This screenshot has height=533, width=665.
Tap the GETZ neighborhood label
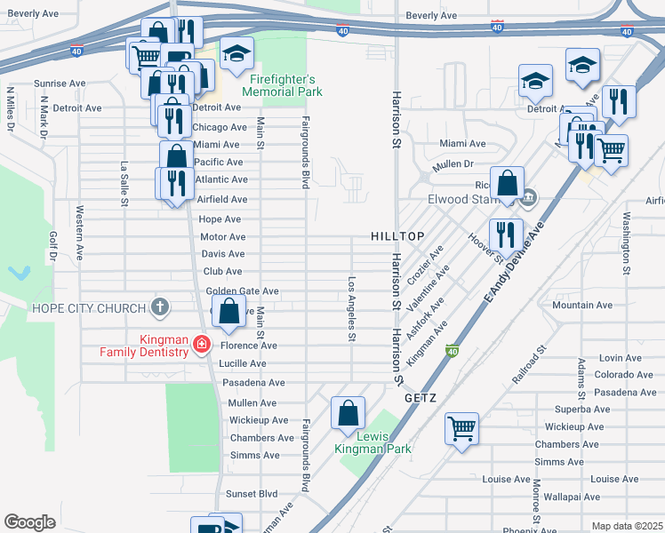coord(420,398)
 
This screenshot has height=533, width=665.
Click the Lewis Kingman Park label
coord(373,442)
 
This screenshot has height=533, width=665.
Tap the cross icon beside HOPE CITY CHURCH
coord(160,308)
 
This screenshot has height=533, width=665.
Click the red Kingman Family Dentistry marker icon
coord(202,345)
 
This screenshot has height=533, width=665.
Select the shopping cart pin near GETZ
coord(461,429)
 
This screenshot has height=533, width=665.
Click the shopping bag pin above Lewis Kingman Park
coord(348,413)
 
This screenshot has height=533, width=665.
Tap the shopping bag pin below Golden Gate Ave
coord(229,312)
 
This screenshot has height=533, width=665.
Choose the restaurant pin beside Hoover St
coord(505,235)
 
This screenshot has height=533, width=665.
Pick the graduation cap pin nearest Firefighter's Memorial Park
coord(236,55)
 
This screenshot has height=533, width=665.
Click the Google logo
coord(29,521)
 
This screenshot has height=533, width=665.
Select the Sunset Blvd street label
coord(252,493)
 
